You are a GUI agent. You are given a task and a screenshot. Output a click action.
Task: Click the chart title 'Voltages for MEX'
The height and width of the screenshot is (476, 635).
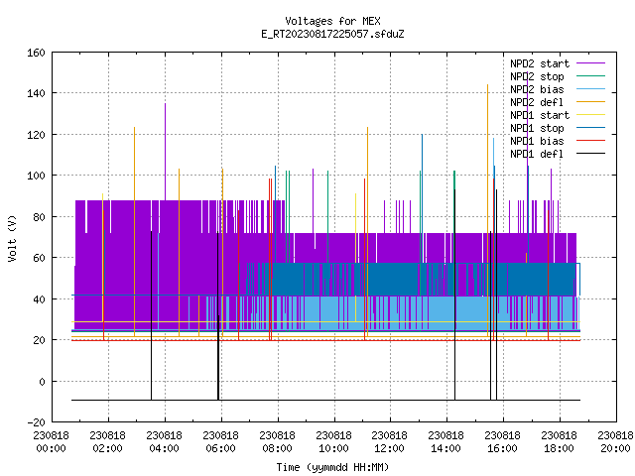tap(332, 21)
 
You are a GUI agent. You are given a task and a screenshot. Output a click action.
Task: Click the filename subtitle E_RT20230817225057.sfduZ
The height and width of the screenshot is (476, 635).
tap(332, 34)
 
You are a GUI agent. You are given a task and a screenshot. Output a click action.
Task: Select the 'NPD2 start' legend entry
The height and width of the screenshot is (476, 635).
tap(558, 63)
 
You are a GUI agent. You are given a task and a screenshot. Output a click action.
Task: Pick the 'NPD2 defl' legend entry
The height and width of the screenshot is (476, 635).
tap(558, 102)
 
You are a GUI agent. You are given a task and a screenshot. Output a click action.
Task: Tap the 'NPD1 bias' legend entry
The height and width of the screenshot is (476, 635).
tap(558, 141)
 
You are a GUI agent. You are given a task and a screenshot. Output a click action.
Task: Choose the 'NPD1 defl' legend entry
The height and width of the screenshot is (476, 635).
tap(558, 154)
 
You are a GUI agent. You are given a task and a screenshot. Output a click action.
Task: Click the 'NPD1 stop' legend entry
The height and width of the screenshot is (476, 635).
tap(558, 128)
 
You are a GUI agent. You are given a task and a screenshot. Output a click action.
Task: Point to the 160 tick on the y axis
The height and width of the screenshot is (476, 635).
tap(36, 53)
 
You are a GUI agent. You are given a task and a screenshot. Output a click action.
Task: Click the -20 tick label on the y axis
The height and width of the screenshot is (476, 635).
tap(36, 422)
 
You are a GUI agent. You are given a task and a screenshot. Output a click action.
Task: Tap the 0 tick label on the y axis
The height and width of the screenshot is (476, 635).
tap(42, 381)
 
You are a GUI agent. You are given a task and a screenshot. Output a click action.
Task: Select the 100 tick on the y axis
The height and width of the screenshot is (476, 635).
tap(36, 176)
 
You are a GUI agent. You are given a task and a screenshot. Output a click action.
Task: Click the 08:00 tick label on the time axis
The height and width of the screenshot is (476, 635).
tap(278, 442)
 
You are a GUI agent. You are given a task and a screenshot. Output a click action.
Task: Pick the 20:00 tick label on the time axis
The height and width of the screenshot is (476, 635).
tap(615, 442)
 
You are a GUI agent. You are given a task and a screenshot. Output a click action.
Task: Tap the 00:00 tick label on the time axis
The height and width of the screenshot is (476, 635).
tap(52, 442)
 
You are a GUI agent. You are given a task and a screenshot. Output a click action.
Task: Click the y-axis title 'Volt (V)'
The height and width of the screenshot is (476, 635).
tap(12, 238)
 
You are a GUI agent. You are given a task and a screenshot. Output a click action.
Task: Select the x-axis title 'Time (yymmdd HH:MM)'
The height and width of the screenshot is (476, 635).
tap(332, 467)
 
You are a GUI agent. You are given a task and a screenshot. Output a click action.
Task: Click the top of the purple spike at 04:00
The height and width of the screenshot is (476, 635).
tap(166, 103)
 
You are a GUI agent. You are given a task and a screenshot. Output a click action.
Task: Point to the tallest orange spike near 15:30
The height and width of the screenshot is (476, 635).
tap(487, 85)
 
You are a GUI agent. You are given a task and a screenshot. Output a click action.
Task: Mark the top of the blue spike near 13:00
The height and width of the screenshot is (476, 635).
tap(422, 135)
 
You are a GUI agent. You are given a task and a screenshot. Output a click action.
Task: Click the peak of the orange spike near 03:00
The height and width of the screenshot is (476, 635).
tap(135, 128)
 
